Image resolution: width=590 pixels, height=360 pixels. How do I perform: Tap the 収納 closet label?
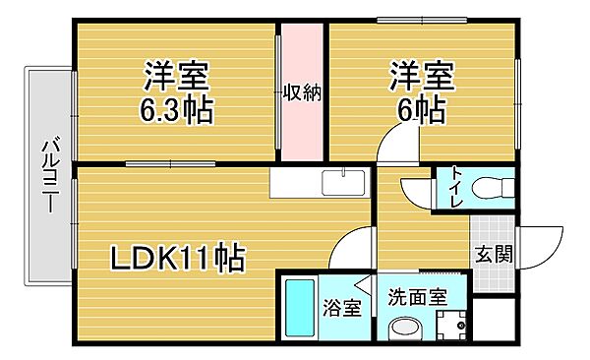coord(302,93)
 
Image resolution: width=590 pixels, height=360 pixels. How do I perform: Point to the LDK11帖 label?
coord(177,259)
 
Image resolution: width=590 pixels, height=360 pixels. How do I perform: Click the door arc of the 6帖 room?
coord(396,156)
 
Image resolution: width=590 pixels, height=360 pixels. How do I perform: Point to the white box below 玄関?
coord(497,316)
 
